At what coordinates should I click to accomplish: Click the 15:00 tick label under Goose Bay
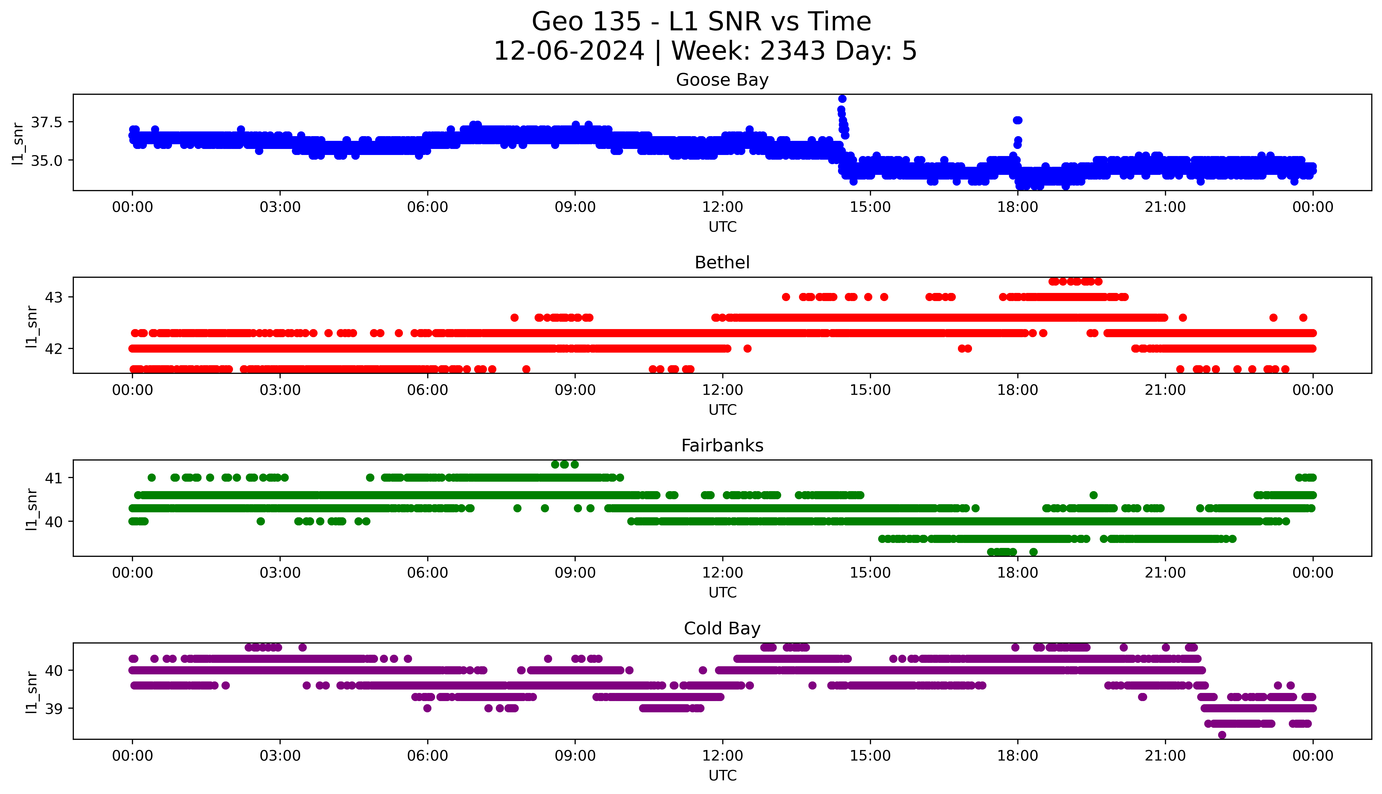[x=870, y=207]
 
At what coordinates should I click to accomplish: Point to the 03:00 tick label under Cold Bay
[x=280, y=756]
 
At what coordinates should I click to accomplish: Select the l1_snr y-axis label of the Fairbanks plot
[x=32, y=509]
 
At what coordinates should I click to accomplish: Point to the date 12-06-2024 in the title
[x=569, y=51]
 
